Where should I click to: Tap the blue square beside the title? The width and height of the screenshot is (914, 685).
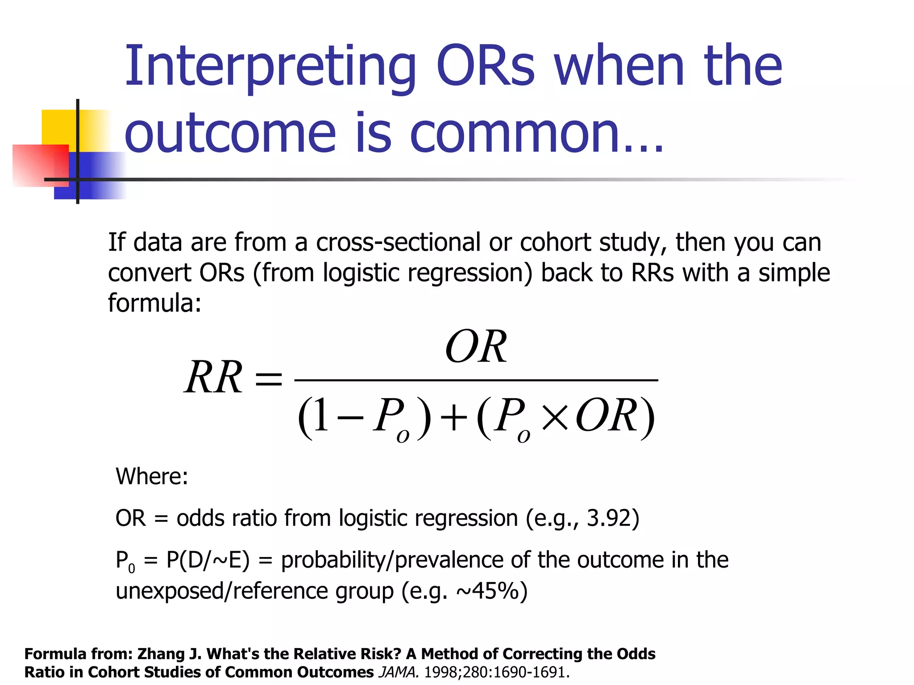pos(98,176)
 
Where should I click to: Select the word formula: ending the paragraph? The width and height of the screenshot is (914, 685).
pos(154,303)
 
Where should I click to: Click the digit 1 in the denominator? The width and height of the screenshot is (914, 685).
pos(320,415)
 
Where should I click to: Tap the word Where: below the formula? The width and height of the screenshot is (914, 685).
pos(152,476)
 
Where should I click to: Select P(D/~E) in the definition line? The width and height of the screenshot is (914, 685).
pos(208,560)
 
